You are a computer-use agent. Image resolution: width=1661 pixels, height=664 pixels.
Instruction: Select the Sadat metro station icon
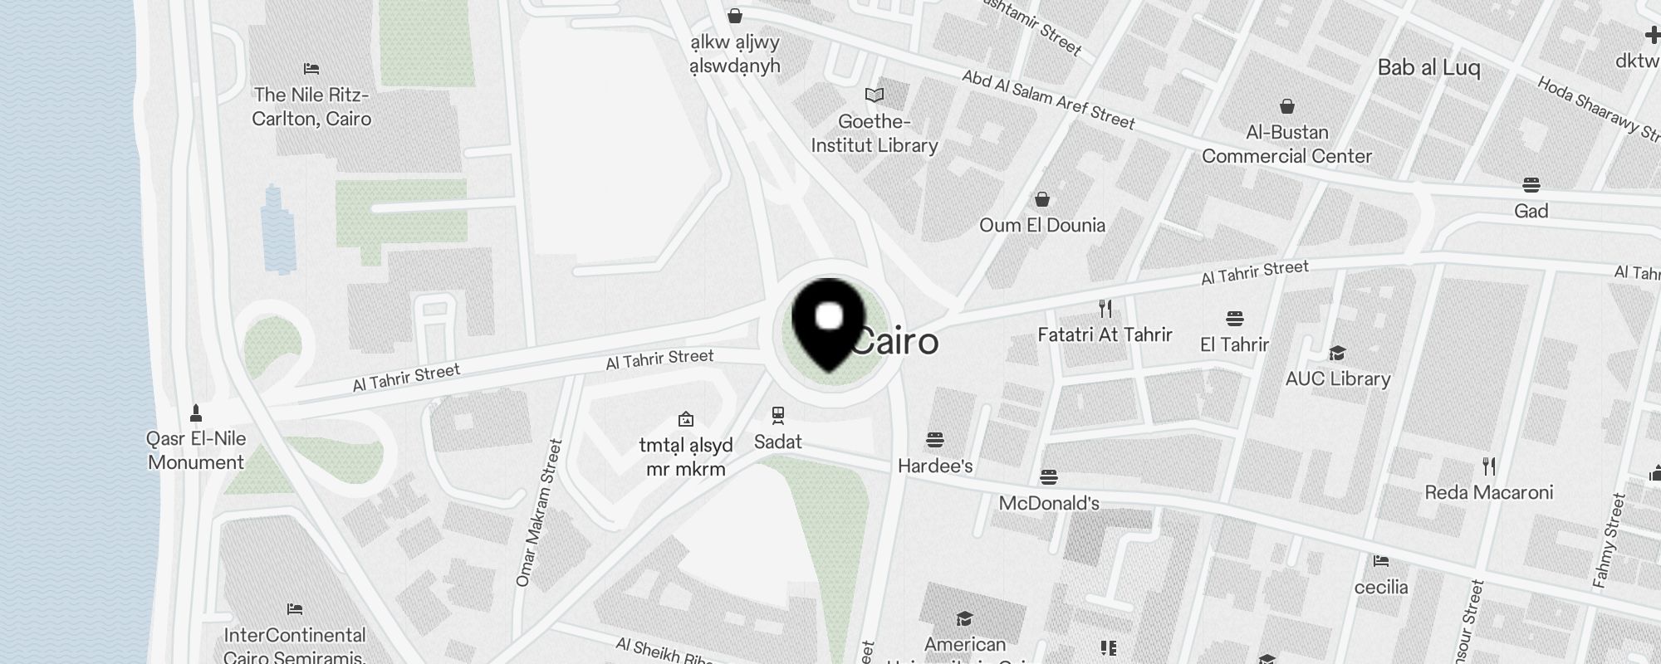pyautogui.click(x=777, y=414)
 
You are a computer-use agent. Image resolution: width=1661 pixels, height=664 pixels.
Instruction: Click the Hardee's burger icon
pyautogui.click(x=935, y=439)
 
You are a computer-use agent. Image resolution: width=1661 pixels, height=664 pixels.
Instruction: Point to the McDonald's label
pyautogui.click(x=1049, y=503)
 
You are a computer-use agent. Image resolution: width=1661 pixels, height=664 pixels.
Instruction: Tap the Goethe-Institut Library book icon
pyautogui.click(x=875, y=95)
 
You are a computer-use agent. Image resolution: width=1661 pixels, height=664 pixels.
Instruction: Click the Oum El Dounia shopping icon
pyautogui.click(x=1041, y=199)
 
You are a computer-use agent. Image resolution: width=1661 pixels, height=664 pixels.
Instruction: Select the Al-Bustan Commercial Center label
pyautogui.click(x=1286, y=144)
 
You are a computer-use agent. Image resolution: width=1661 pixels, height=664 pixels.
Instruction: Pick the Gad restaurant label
pyautogui.click(x=1531, y=211)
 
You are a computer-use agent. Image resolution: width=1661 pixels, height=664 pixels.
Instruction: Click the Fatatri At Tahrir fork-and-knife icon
pyautogui.click(x=1105, y=309)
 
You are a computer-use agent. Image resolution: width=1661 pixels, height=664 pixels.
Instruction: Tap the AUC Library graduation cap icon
pyautogui.click(x=1337, y=354)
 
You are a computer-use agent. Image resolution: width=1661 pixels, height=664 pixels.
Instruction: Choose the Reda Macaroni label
pyautogui.click(x=1488, y=492)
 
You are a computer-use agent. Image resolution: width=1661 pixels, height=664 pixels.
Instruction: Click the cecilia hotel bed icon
pyautogui.click(x=1380, y=561)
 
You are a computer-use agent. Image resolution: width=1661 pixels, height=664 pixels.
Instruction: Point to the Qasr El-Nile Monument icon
pyautogui.click(x=196, y=413)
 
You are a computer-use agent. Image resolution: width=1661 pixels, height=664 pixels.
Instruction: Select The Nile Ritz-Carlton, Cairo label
pyautogui.click(x=311, y=107)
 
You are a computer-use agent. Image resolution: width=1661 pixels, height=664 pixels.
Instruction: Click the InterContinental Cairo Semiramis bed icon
pyautogui.click(x=294, y=609)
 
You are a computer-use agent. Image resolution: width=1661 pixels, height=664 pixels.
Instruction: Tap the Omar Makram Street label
pyautogui.click(x=539, y=513)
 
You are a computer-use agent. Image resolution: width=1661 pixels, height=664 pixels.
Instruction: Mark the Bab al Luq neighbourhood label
pyautogui.click(x=1428, y=67)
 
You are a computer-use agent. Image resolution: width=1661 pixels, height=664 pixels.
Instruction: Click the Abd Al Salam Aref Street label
pyautogui.click(x=1048, y=100)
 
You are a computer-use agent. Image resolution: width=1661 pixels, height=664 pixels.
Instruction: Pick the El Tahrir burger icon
pyautogui.click(x=1234, y=318)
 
